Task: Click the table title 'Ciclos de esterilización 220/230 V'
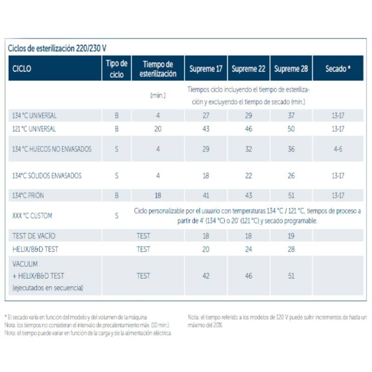(x=58, y=48)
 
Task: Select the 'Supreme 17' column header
(x=206, y=69)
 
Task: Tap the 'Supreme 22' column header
(x=248, y=69)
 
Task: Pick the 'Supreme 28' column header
(x=291, y=69)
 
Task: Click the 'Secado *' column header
(x=338, y=69)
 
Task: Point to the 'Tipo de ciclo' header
(x=116, y=69)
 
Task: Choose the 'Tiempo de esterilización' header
(x=158, y=69)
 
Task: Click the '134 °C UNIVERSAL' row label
(x=35, y=115)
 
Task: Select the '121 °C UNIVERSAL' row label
(x=35, y=129)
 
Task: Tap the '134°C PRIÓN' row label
(x=28, y=196)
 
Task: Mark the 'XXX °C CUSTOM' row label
(x=32, y=216)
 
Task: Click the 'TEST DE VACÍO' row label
(x=34, y=236)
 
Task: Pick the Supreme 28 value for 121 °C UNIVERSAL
(x=291, y=129)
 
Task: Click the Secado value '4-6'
(x=338, y=149)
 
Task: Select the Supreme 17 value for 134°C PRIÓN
(x=206, y=196)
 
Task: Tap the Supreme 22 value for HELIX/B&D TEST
(x=248, y=249)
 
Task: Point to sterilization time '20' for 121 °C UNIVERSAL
(x=158, y=129)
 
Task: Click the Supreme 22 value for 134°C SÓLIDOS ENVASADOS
(x=248, y=176)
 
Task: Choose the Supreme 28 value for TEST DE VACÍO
(x=291, y=236)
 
